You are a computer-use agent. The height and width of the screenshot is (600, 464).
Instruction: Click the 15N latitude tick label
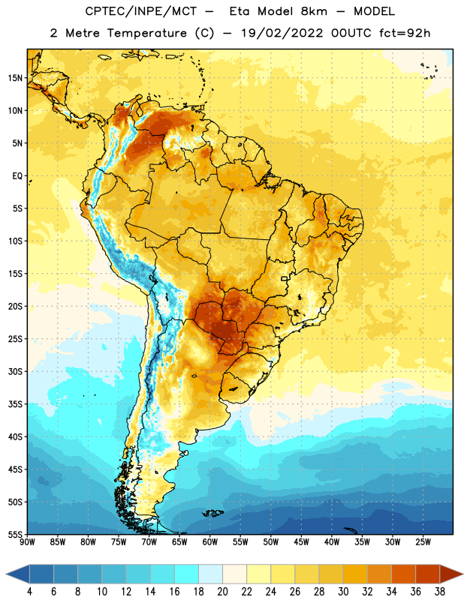[x=15, y=78]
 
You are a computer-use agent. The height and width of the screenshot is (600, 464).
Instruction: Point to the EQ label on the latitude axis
[x=17, y=176]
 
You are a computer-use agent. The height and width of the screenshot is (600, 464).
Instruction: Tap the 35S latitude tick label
[x=15, y=404]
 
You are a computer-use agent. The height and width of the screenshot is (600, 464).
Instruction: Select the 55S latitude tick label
[x=15, y=534]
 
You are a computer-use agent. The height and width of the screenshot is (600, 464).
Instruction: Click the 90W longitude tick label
[x=27, y=542]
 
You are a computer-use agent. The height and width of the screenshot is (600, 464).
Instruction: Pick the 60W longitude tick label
[x=210, y=542]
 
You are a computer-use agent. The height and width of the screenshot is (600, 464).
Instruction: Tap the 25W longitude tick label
[x=423, y=542]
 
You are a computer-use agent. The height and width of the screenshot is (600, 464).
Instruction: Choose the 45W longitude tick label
[x=301, y=542]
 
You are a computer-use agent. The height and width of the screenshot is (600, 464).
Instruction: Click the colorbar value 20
[x=222, y=592]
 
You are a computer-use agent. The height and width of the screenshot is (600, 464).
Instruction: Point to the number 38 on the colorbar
[x=439, y=592]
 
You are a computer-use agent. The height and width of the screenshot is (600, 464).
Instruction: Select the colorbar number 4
[x=29, y=592]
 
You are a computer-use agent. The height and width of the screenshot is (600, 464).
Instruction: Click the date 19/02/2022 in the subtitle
[x=282, y=33]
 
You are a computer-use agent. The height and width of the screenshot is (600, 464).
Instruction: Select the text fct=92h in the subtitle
[x=405, y=33]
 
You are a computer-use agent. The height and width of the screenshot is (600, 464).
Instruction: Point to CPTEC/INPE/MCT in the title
[x=141, y=11]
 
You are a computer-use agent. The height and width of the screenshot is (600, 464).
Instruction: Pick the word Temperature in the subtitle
[x=146, y=33]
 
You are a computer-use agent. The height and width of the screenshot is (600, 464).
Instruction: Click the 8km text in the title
[x=314, y=11]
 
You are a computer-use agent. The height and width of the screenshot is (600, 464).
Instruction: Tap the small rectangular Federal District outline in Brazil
[x=285, y=278]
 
